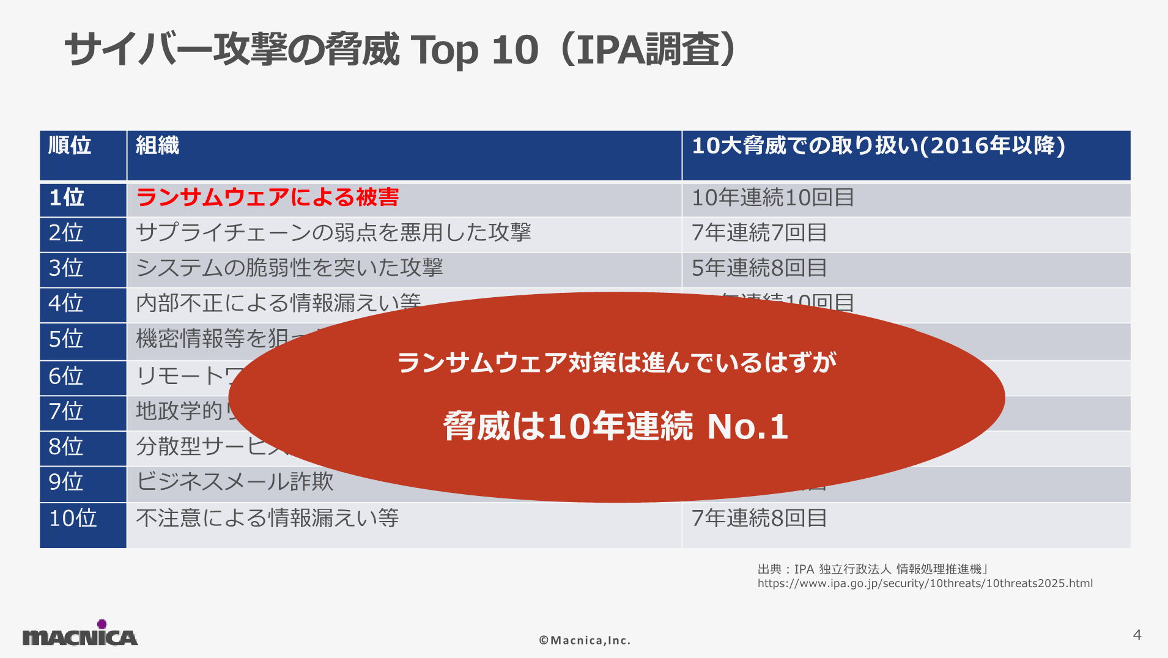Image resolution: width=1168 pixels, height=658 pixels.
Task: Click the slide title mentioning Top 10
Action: click(x=401, y=50)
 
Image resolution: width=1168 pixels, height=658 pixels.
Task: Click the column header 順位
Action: click(x=70, y=146)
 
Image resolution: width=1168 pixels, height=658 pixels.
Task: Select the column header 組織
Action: click(x=157, y=146)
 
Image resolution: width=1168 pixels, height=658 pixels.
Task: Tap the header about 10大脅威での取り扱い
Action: click(x=878, y=146)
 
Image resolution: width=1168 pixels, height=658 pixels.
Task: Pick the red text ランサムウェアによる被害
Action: click(x=267, y=198)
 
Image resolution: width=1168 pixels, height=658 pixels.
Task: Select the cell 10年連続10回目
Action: click(x=772, y=198)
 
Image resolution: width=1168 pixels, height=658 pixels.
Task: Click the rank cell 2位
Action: click(x=65, y=233)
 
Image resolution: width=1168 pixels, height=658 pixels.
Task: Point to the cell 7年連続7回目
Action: click(x=759, y=233)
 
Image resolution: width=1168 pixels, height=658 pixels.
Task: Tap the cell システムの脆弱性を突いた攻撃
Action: click(x=289, y=268)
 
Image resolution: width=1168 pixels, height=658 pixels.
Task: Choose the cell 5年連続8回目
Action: click(x=759, y=268)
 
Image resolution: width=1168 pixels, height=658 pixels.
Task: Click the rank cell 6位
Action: click(x=65, y=376)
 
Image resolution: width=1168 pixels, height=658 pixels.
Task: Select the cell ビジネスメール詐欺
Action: click(x=234, y=482)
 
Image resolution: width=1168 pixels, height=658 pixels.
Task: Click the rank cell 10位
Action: click(x=73, y=519)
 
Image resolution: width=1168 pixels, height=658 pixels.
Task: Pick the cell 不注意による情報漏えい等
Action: click(x=267, y=519)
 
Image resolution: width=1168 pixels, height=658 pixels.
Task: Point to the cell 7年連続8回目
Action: click(x=759, y=519)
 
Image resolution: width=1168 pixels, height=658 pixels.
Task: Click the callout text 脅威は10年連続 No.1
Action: click(x=615, y=426)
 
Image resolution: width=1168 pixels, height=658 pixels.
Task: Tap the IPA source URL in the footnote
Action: click(x=925, y=583)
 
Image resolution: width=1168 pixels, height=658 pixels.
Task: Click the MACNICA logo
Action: click(x=80, y=635)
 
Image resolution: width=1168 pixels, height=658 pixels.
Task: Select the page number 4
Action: click(x=1137, y=635)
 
